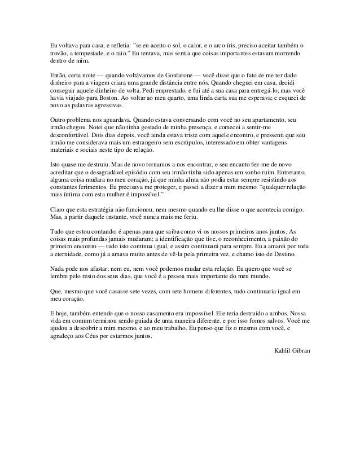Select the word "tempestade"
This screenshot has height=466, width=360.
[87, 53]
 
